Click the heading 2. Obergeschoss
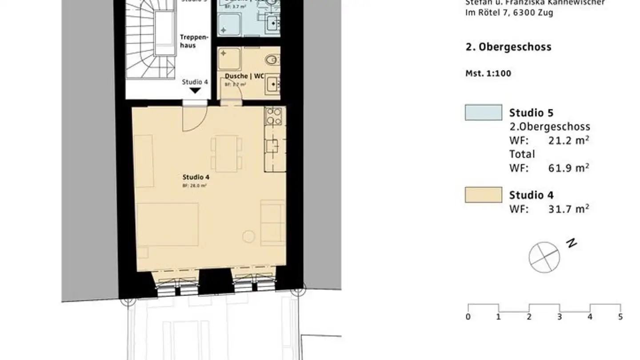[x=508, y=47]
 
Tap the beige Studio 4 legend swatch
[x=484, y=195]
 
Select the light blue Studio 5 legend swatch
[x=484, y=112]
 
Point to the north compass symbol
[x=544, y=257]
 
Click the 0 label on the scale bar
[x=468, y=317]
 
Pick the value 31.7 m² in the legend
[x=569, y=208]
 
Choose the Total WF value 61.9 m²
[x=569, y=168]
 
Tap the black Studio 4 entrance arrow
[x=195, y=91]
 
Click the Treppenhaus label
[x=188, y=41]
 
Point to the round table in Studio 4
[x=248, y=237]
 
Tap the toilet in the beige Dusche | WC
[x=272, y=59]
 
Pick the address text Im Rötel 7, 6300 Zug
[x=509, y=12]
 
